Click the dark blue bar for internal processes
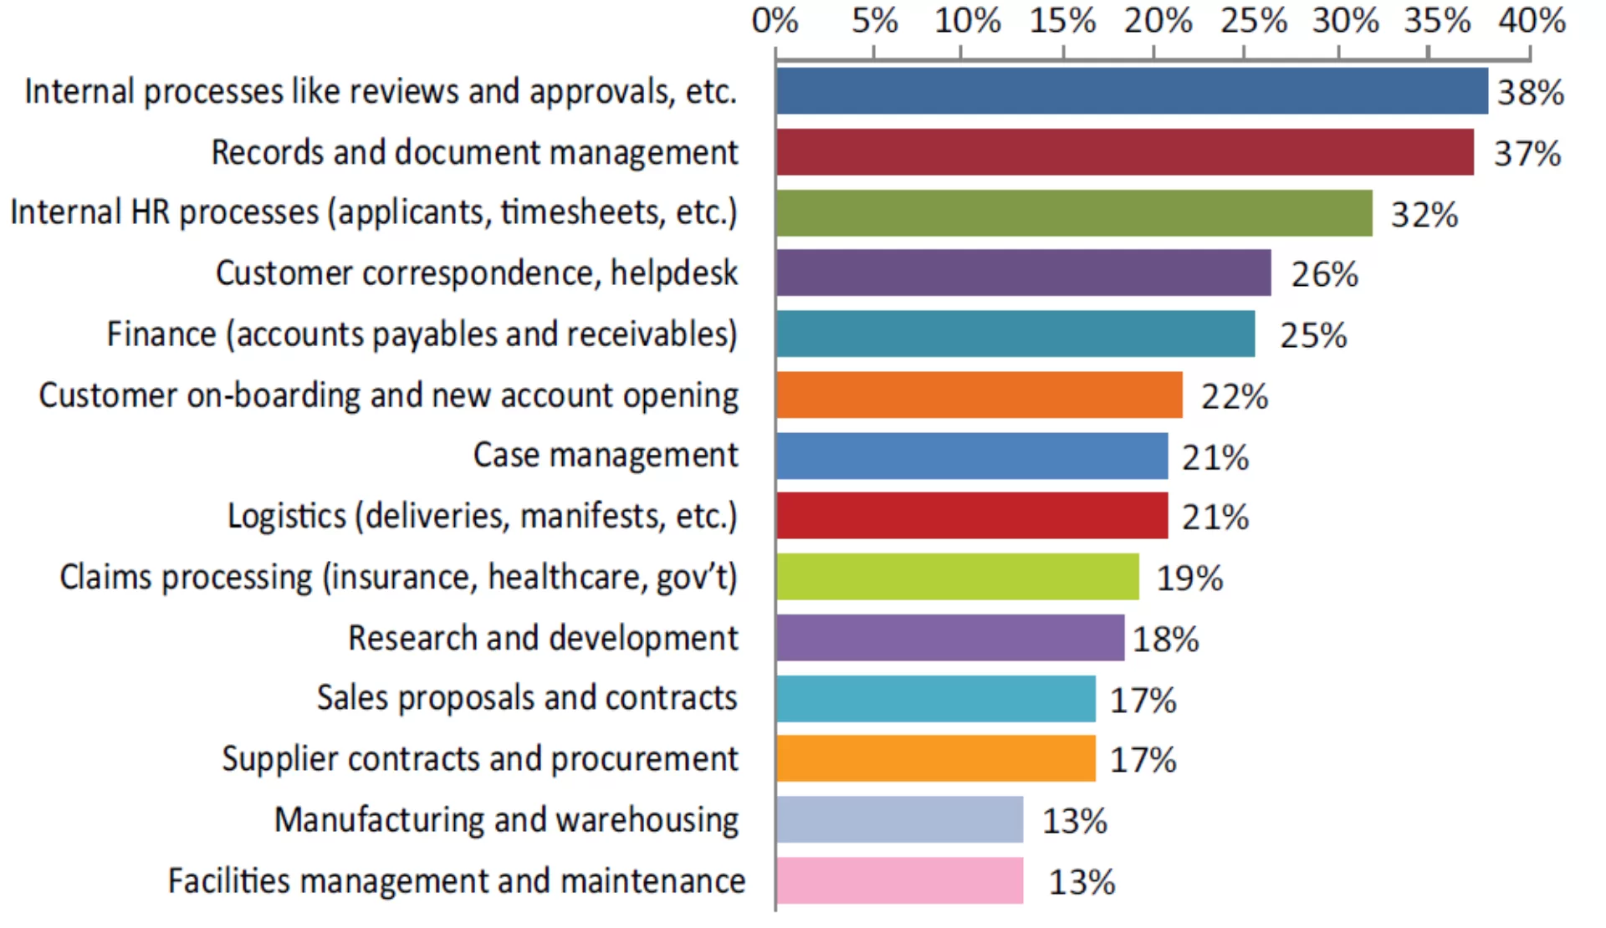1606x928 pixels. point(1133,91)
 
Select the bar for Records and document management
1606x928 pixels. point(1125,152)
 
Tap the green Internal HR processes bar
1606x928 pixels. point(1075,213)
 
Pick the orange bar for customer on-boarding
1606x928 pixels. point(979,395)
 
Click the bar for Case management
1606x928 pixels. point(972,456)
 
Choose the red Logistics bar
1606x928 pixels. point(972,516)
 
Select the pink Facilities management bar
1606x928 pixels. point(900,880)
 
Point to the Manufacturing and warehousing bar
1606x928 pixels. point(900,819)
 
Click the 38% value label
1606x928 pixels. point(1531,93)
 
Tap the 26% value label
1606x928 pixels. point(1325,275)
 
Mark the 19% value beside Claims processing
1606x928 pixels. point(1189,579)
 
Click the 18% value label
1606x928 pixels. point(1166,640)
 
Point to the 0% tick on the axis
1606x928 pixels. point(775,21)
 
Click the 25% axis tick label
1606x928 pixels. point(1253,21)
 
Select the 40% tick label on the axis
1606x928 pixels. point(1532,21)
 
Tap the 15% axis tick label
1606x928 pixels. point(1062,21)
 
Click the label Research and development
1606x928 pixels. point(544,638)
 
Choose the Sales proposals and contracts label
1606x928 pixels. point(527,698)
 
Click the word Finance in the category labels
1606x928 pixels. point(161,334)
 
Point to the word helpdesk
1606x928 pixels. point(674,273)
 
